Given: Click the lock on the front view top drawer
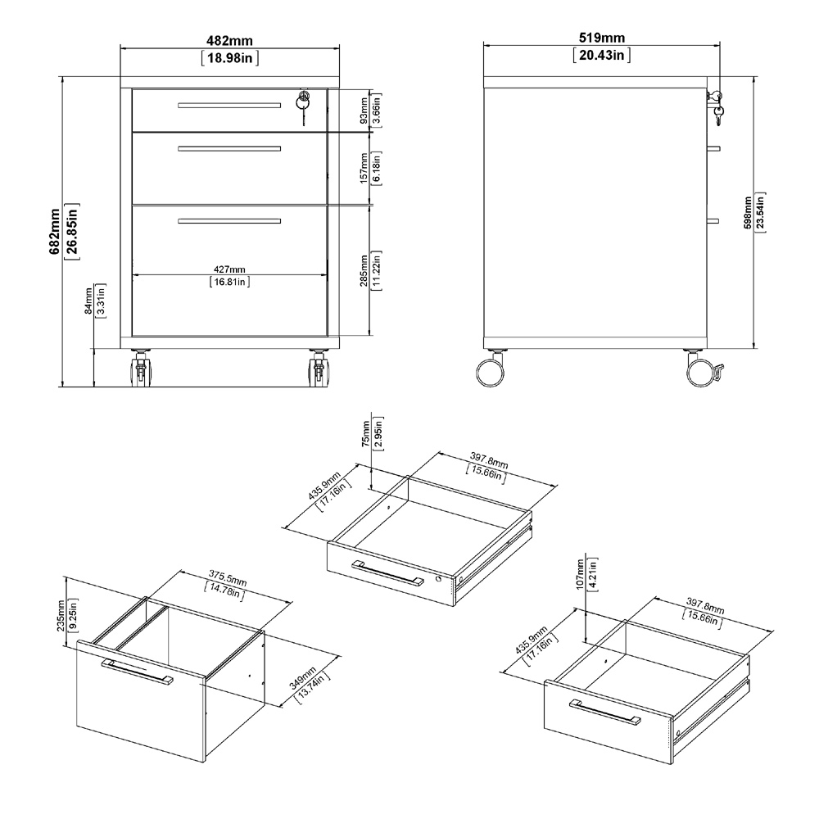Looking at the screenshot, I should pyautogui.click(x=303, y=100).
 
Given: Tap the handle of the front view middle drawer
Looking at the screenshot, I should pyautogui.click(x=229, y=149).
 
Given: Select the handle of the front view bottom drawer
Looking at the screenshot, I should pyautogui.click(x=229, y=220).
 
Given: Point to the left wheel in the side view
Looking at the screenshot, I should pyautogui.click(x=491, y=369).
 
